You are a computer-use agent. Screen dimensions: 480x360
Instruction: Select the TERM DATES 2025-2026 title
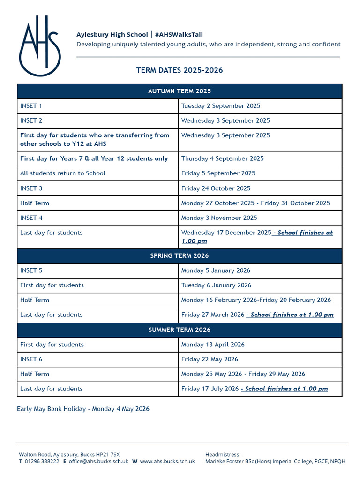[180, 70]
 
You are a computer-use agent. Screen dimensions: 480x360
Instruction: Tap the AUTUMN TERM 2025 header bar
[180, 91]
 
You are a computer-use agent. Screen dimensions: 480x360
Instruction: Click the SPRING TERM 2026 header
[180, 255]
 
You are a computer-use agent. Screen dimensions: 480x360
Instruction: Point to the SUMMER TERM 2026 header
[180, 330]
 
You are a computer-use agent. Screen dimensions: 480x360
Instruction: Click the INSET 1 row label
[31, 106]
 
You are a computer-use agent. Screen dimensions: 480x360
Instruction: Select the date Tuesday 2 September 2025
[220, 106]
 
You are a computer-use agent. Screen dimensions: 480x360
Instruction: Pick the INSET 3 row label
[31, 188]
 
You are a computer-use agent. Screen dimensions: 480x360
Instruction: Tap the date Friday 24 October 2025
[216, 188]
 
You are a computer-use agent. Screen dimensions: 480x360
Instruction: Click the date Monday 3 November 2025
[219, 217]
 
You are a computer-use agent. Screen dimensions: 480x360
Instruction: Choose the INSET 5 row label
[31, 270]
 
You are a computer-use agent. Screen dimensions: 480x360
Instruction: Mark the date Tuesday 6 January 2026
[216, 285]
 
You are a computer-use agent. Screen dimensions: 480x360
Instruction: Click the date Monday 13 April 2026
[213, 345]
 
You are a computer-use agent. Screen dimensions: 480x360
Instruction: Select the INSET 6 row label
[31, 359]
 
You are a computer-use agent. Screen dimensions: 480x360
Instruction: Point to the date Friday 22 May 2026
[210, 359]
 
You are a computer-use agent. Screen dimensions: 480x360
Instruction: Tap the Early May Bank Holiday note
[83, 409]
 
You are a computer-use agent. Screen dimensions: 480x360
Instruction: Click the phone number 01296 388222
[42, 461]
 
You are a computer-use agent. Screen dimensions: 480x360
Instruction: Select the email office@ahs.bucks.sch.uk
[98, 461]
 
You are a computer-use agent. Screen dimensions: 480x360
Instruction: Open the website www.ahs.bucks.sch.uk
[167, 461]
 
